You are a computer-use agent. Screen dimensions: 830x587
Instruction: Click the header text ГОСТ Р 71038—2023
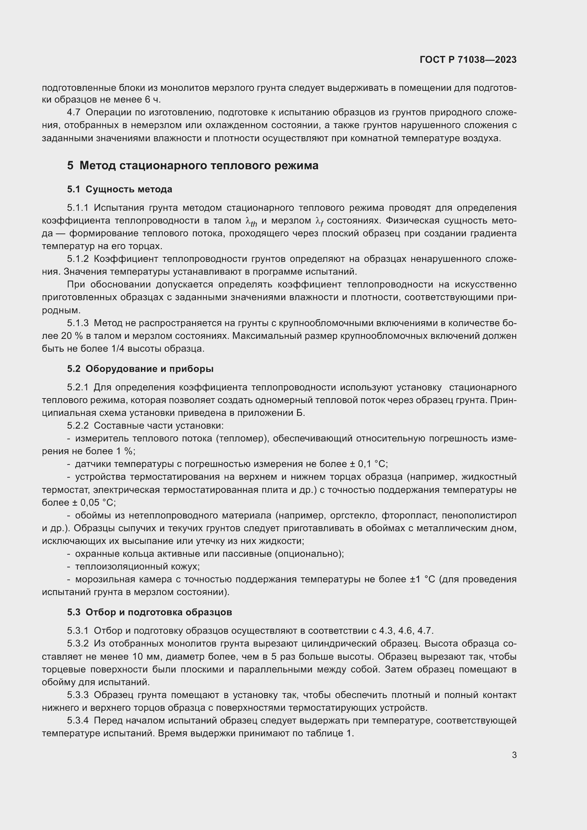468,60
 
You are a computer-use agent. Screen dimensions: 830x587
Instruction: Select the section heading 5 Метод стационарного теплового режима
193,166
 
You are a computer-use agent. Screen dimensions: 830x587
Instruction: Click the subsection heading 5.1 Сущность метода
120,189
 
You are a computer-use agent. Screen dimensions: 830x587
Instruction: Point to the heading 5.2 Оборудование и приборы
140,369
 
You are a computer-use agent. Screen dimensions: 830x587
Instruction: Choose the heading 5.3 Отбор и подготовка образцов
149,612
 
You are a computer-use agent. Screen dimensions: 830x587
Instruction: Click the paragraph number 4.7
73,112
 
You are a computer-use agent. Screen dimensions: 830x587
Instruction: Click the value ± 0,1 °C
368,464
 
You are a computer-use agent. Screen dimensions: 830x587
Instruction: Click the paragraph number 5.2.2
78,425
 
